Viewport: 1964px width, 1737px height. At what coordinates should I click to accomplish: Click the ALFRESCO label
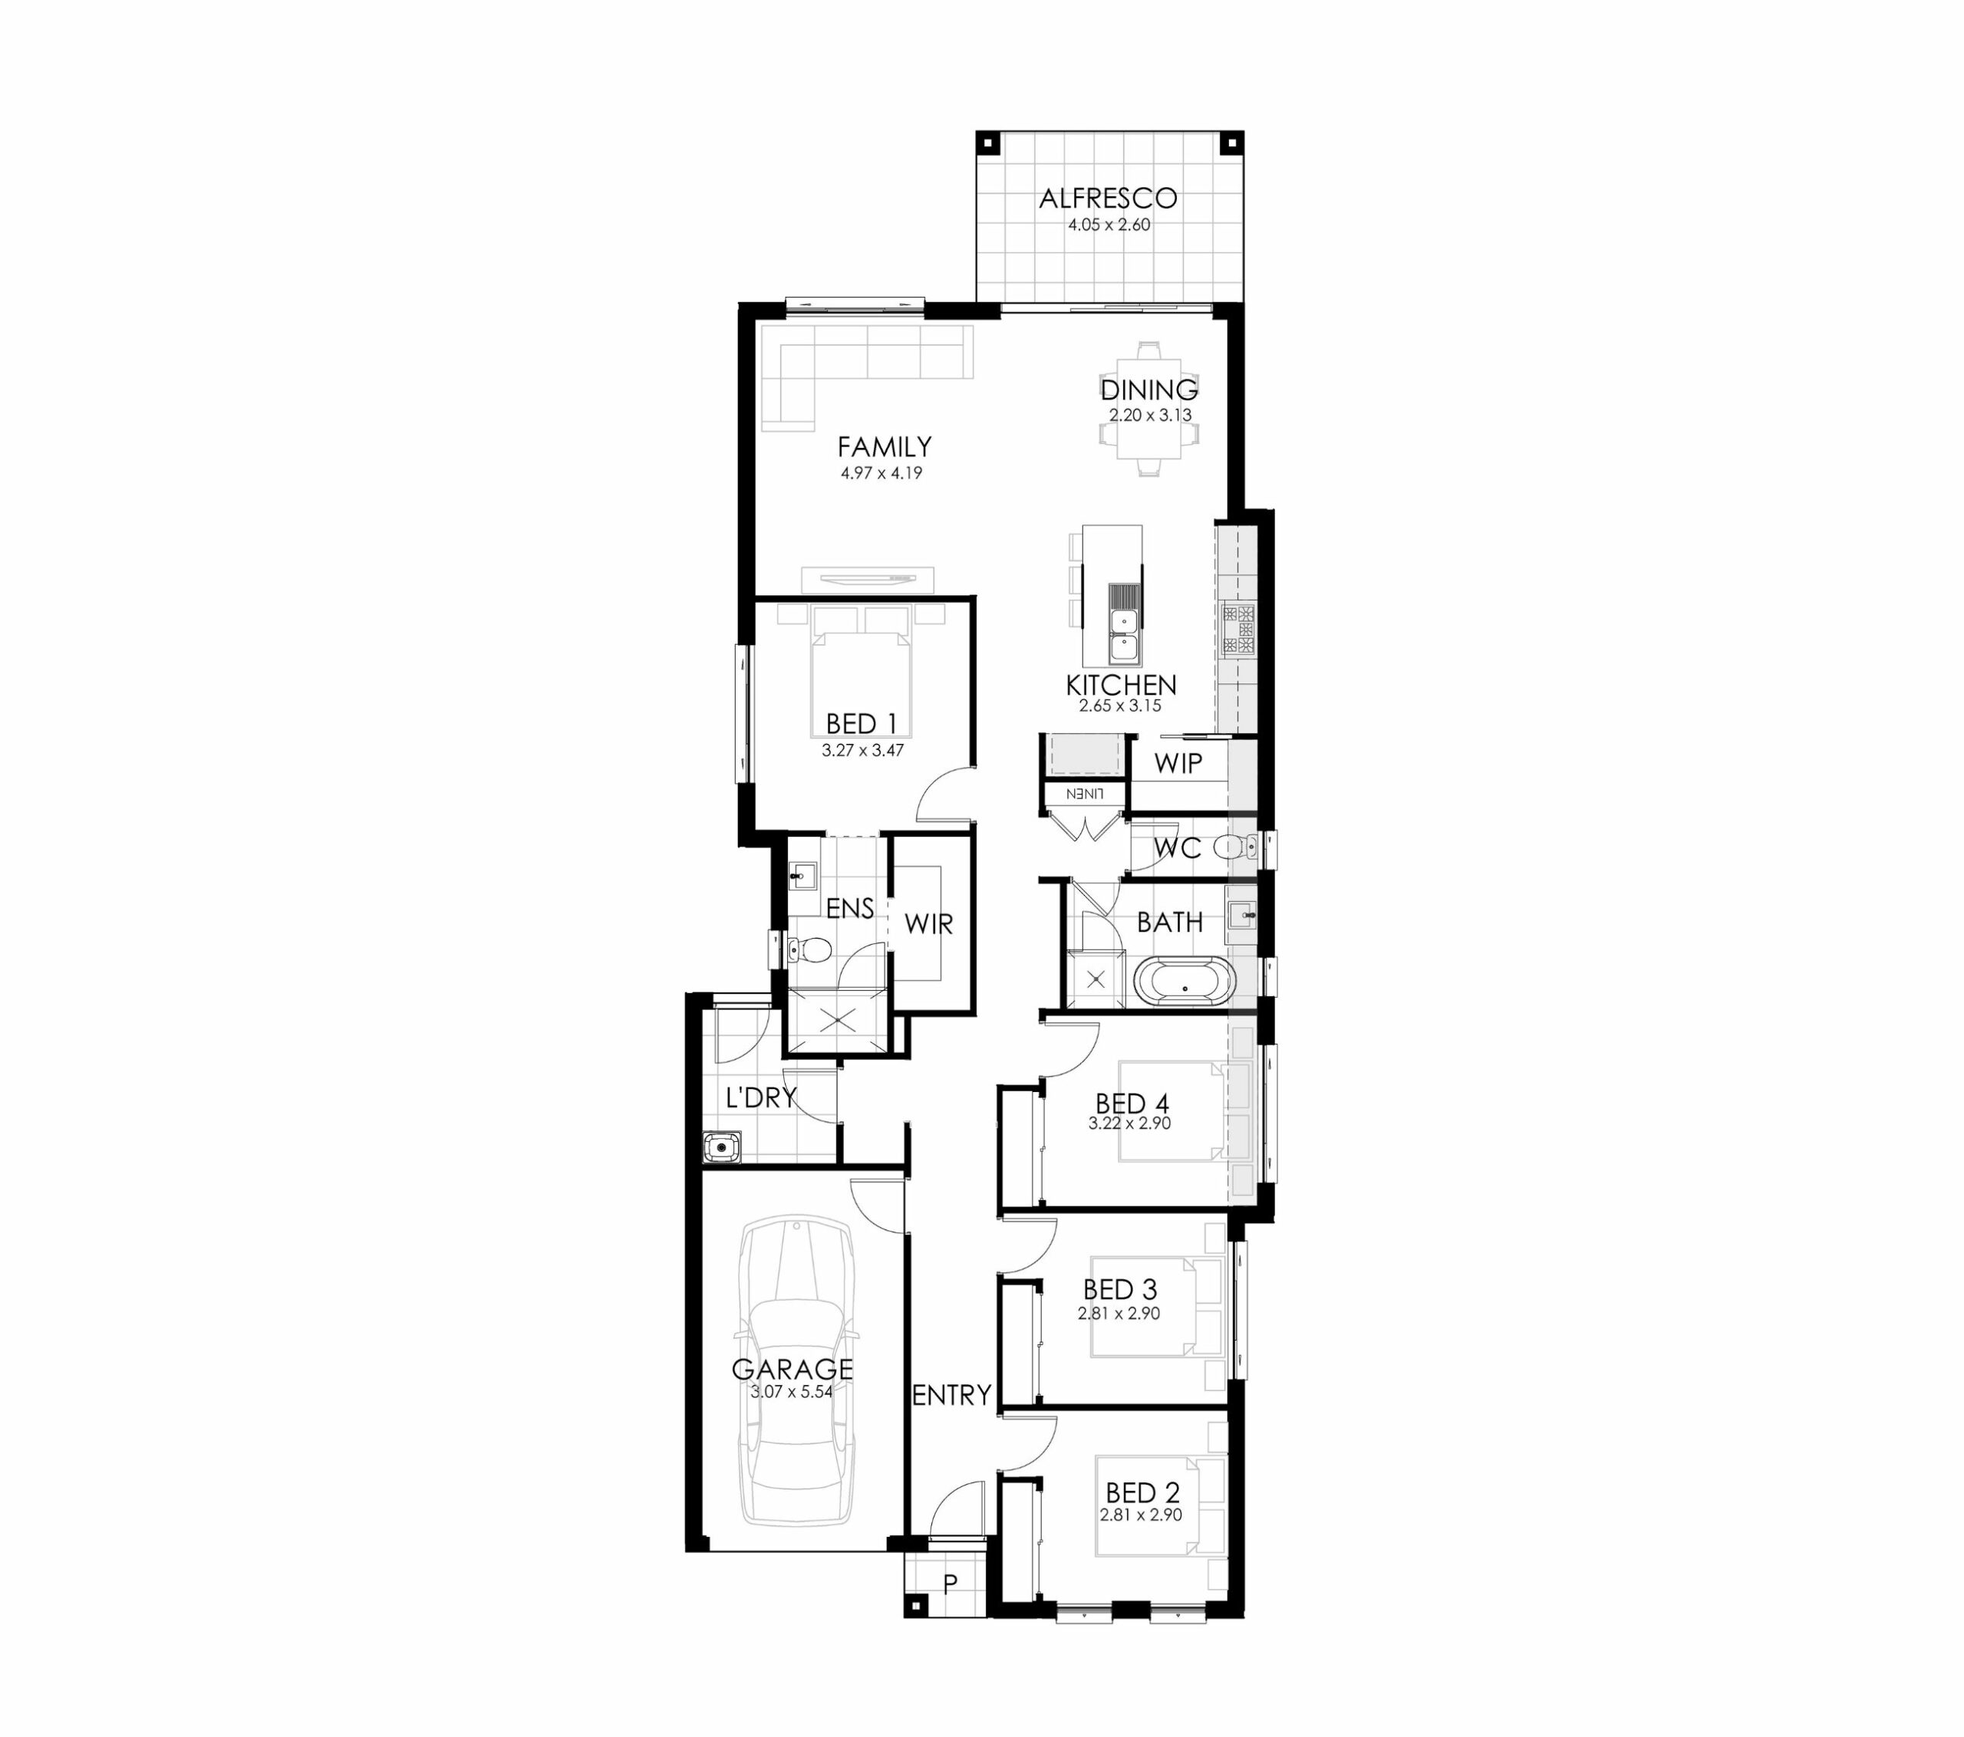point(1108,198)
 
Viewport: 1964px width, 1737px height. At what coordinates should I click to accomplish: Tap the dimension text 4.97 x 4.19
point(881,472)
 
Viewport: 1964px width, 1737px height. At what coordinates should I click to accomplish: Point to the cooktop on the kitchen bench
point(1237,630)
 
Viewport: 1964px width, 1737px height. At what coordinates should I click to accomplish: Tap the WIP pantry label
point(1178,763)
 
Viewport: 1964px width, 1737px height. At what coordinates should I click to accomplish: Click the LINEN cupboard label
point(1083,794)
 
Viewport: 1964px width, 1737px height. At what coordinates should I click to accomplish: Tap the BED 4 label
point(1132,1103)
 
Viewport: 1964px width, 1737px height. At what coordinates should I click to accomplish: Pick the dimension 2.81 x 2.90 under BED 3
point(1119,1314)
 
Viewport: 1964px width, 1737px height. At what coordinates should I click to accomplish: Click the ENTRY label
point(951,1395)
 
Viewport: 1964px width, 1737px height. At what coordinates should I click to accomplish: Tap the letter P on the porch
point(951,1584)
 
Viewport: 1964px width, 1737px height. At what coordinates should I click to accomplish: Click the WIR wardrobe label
point(929,924)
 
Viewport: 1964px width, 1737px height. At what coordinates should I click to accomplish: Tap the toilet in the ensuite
point(809,951)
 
